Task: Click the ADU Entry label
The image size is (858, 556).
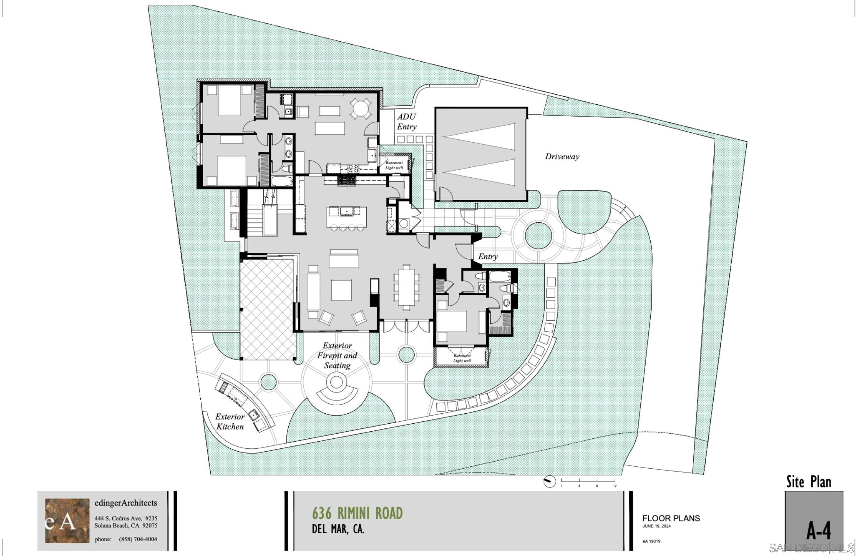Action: pyautogui.click(x=407, y=122)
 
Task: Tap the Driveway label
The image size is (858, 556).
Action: pyautogui.click(x=562, y=157)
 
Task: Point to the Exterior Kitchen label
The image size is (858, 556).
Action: pyautogui.click(x=230, y=421)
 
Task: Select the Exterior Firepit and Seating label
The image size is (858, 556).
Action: pyautogui.click(x=337, y=355)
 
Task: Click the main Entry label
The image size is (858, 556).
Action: pyautogui.click(x=488, y=257)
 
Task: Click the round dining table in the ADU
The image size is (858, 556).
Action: pyautogui.click(x=361, y=108)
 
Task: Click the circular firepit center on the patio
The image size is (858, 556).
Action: pyautogui.click(x=336, y=382)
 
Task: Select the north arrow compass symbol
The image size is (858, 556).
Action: pyautogui.click(x=550, y=482)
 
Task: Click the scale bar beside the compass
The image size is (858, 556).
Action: pyautogui.click(x=588, y=481)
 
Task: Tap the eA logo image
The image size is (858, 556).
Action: pyautogui.click(x=67, y=521)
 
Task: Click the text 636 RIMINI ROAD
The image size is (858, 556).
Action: pyautogui.click(x=358, y=513)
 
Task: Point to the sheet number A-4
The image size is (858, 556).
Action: pyautogui.click(x=819, y=532)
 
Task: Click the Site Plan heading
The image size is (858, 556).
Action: pyautogui.click(x=809, y=482)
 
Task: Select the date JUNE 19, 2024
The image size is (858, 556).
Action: pyautogui.click(x=657, y=526)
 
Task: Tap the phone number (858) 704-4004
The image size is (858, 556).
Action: pyautogui.click(x=138, y=539)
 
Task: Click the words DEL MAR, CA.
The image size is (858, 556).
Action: pyautogui.click(x=338, y=529)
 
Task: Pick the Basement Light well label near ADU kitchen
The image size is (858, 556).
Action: pyautogui.click(x=394, y=165)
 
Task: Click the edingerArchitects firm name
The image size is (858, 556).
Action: pyautogui.click(x=126, y=503)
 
